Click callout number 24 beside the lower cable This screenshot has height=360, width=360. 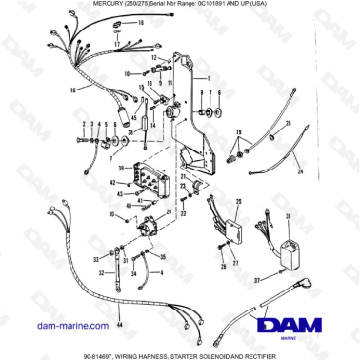coord(299,171)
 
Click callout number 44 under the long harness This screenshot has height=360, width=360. coord(119,325)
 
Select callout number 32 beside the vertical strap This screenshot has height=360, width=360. coord(122,250)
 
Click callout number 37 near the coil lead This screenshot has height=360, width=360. coord(256,282)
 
